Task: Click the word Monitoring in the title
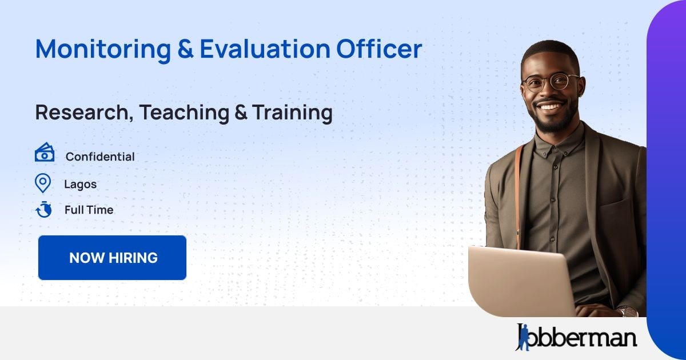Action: tap(102, 49)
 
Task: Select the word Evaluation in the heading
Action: tap(264, 49)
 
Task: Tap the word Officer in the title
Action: tap(378, 49)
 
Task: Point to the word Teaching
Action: tap(184, 113)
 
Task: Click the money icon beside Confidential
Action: tap(44, 153)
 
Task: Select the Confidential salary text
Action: tap(100, 157)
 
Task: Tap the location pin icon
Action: tap(43, 183)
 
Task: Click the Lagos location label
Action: tap(80, 185)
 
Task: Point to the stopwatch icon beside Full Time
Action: tap(43, 210)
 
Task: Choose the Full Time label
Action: tap(89, 210)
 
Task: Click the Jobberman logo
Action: tap(576, 337)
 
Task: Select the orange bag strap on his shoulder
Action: tap(519, 189)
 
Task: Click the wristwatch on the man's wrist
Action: tap(627, 312)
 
